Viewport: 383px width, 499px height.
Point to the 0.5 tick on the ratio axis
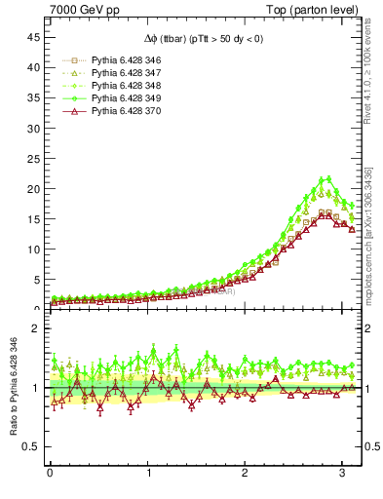pos(29,446)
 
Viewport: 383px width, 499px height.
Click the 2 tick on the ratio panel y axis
pos(35,328)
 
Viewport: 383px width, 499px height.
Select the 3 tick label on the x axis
pos(341,475)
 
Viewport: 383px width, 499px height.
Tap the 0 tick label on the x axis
pos(49,475)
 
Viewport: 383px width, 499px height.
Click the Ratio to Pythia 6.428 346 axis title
pos(12,390)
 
